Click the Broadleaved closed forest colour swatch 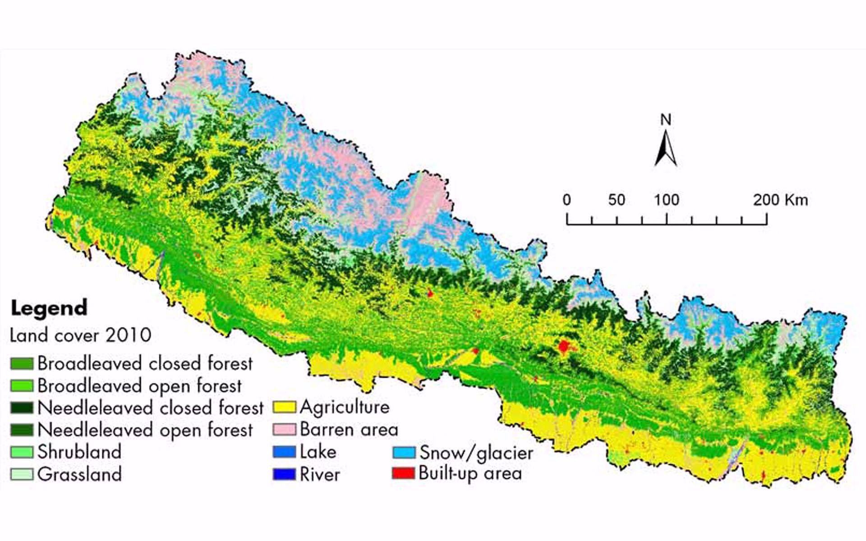click(x=22, y=363)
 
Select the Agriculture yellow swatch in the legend click(x=284, y=407)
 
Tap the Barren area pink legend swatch click(x=284, y=429)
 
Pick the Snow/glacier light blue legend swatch click(x=404, y=452)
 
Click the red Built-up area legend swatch click(x=403, y=473)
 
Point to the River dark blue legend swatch click(x=284, y=474)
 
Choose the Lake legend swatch click(x=284, y=452)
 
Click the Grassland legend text click(x=79, y=474)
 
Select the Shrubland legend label click(x=79, y=452)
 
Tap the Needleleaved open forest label click(x=145, y=430)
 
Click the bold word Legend click(x=49, y=308)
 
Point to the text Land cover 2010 click(x=80, y=335)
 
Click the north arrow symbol click(x=666, y=149)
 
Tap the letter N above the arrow click(x=666, y=119)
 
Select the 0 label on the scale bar click(x=567, y=200)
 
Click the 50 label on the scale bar click(x=616, y=200)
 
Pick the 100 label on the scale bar click(x=666, y=200)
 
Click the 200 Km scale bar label click(x=780, y=200)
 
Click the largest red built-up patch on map click(x=564, y=347)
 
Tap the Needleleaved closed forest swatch click(x=22, y=408)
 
